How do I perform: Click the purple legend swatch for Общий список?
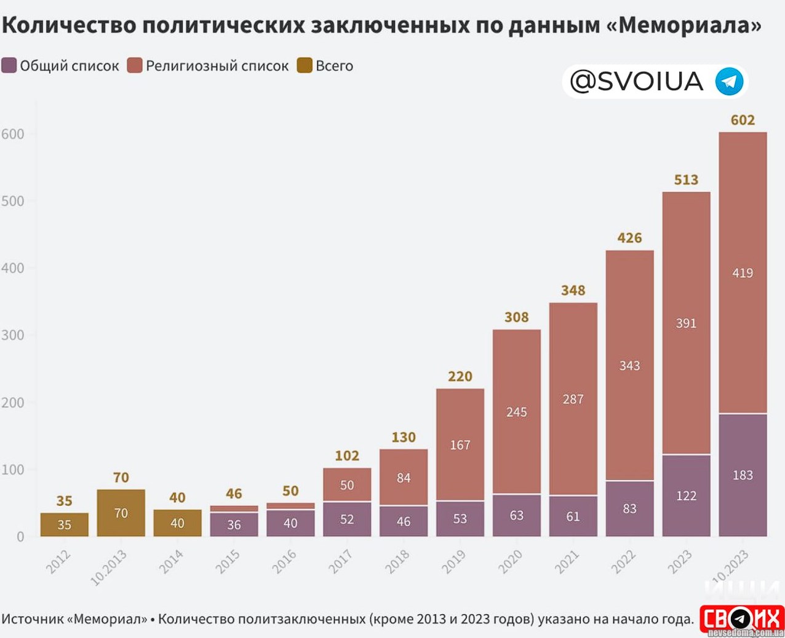(9, 66)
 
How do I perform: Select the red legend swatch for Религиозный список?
(135, 66)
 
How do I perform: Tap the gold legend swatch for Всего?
(305, 66)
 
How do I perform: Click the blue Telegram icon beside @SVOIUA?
(729, 82)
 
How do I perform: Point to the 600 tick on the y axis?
(13, 134)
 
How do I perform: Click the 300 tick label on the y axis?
(13, 335)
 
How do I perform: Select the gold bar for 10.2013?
(121, 513)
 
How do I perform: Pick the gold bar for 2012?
(65, 524)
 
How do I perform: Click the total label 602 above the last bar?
(743, 120)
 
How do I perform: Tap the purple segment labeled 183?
(743, 475)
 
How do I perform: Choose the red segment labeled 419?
(743, 273)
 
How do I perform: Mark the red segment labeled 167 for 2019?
(460, 444)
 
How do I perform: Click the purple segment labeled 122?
(686, 495)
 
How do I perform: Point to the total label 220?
(460, 376)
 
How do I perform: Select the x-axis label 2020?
(509, 562)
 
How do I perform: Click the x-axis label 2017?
(340, 562)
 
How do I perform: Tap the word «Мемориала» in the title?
(689, 25)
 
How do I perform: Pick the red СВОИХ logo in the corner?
(741, 619)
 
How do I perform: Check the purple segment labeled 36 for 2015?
(234, 524)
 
